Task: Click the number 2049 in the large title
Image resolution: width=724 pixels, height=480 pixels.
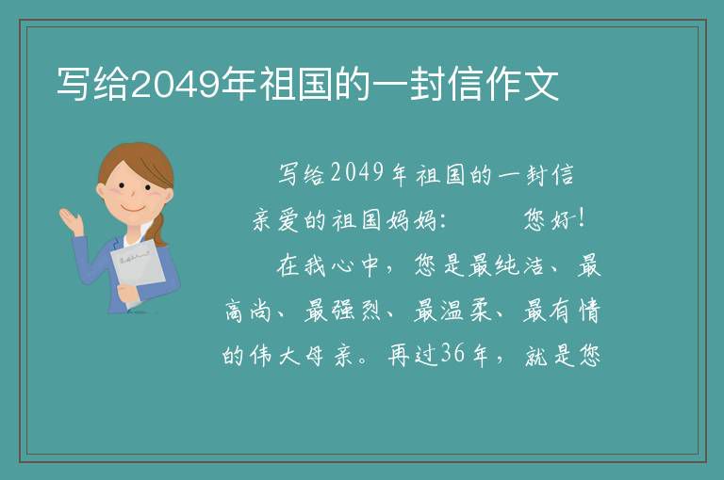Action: click(x=176, y=85)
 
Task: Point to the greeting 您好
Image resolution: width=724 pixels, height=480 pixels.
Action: click(x=548, y=219)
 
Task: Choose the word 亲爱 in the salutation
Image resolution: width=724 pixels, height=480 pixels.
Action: click(x=275, y=220)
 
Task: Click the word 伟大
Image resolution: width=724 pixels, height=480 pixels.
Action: click(x=275, y=355)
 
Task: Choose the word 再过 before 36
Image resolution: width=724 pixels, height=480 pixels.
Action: click(x=412, y=355)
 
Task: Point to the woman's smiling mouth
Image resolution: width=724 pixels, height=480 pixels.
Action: click(x=133, y=209)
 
